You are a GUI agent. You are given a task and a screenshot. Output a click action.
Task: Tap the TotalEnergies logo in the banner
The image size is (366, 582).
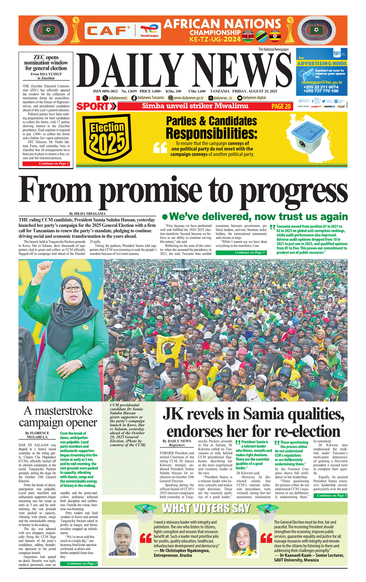149,31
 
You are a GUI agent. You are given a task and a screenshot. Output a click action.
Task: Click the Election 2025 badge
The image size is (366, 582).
107,137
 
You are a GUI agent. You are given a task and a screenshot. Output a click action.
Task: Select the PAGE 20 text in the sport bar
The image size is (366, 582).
281,107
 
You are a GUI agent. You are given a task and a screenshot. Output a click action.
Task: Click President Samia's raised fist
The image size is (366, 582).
45,269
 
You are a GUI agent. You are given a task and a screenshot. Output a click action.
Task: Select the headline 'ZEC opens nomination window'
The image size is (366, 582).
46,63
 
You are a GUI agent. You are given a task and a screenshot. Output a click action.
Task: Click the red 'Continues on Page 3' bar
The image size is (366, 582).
46,164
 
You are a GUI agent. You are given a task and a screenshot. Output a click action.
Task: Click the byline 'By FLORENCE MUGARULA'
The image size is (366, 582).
37,435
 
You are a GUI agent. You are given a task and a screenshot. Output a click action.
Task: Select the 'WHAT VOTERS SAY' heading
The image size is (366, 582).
206,509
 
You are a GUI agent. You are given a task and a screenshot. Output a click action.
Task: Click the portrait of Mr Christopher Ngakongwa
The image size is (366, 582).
122,539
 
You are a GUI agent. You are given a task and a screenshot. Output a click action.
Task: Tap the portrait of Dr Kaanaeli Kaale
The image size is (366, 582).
242,538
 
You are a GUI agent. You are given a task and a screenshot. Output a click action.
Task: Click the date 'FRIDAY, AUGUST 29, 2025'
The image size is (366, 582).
255,91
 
